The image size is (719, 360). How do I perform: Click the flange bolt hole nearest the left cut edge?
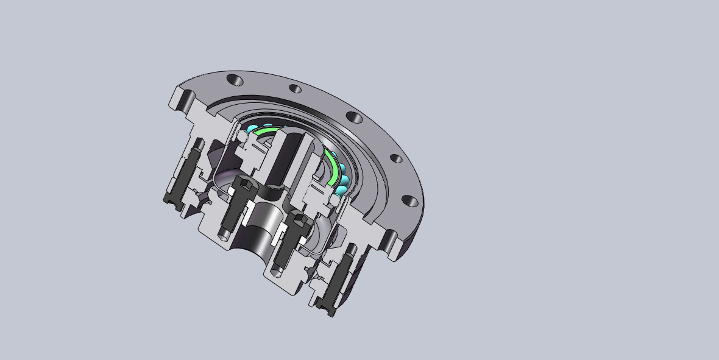click(x=235, y=80)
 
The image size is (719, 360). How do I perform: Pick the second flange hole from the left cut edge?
click(x=295, y=90)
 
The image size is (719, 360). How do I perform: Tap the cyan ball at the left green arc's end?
click(x=252, y=129)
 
